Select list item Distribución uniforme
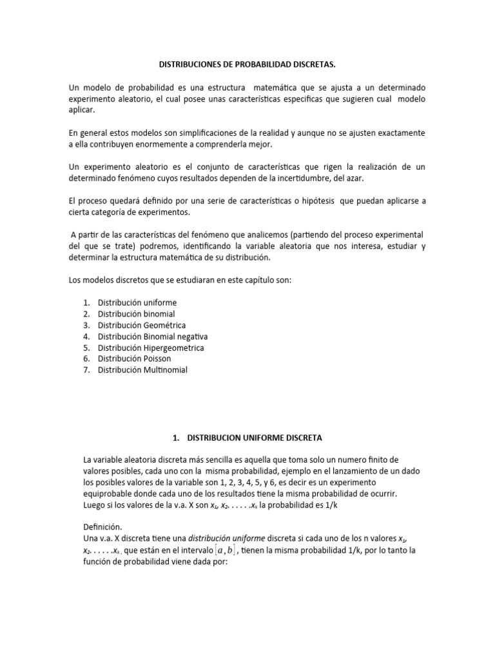click(x=137, y=302)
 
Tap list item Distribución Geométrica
click(x=141, y=325)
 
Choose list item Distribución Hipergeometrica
click(x=151, y=348)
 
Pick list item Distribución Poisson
click(x=135, y=358)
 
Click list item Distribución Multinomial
click(x=142, y=370)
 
